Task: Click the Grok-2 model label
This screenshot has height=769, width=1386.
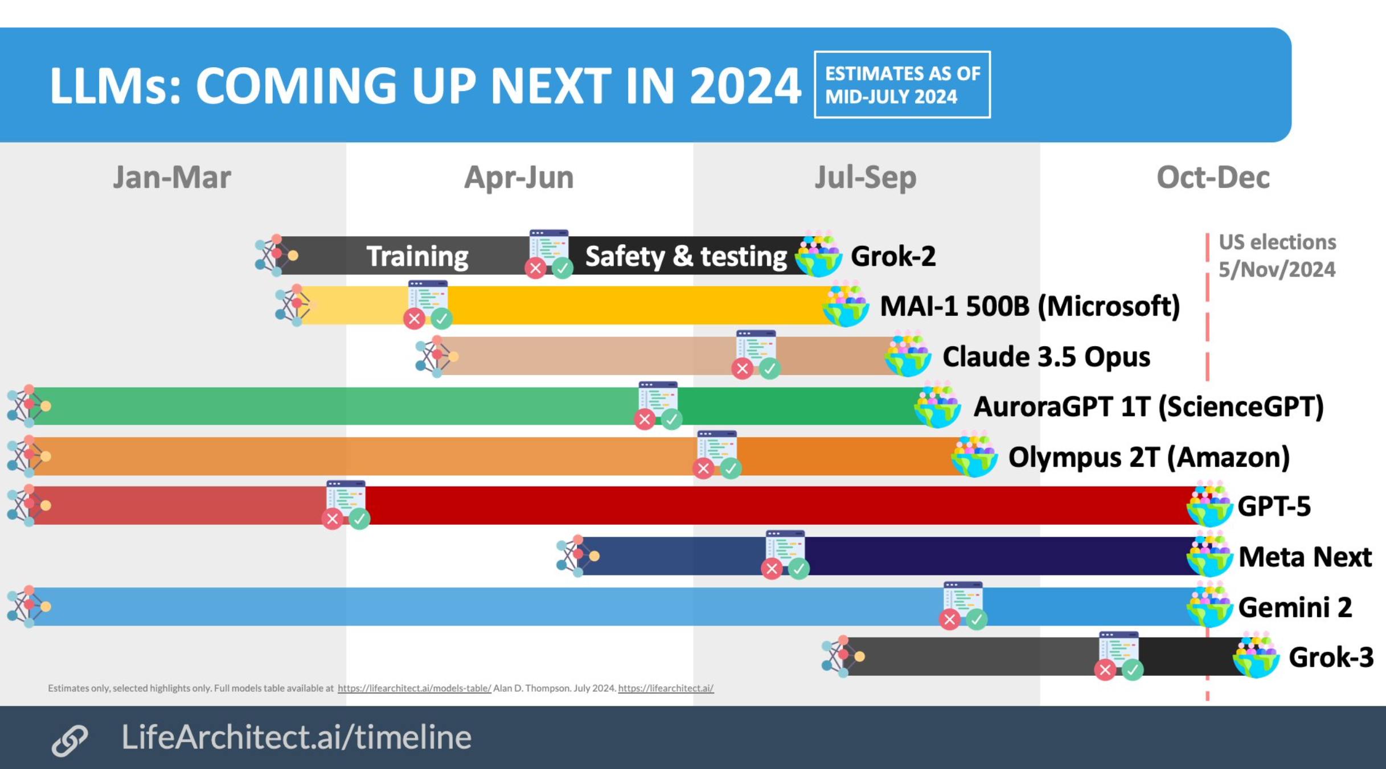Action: pos(893,256)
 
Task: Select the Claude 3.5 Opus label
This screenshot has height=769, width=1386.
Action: pos(1047,357)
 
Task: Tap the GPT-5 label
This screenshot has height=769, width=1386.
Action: pos(1274,506)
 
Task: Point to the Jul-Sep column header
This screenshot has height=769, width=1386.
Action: pos(866,178)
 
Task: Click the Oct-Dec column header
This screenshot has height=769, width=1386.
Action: pos(1213,178)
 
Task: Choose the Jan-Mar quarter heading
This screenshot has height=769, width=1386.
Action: pos(172,178)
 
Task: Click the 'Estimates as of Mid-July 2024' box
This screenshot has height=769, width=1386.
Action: pos(903,85)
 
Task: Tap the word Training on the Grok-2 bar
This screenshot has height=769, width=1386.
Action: pos(417,256)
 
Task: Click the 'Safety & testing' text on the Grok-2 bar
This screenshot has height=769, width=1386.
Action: pos(686,256)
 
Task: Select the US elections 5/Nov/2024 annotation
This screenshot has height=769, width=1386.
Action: pos(1277,256)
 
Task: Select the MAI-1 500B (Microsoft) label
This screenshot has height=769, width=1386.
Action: pos(1030,307)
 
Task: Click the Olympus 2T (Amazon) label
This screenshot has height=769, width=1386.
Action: pos(1149,458)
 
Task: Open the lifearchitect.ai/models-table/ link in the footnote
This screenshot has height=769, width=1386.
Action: pos(414,688)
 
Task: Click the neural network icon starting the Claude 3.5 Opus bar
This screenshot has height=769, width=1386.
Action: pos(437,356)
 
